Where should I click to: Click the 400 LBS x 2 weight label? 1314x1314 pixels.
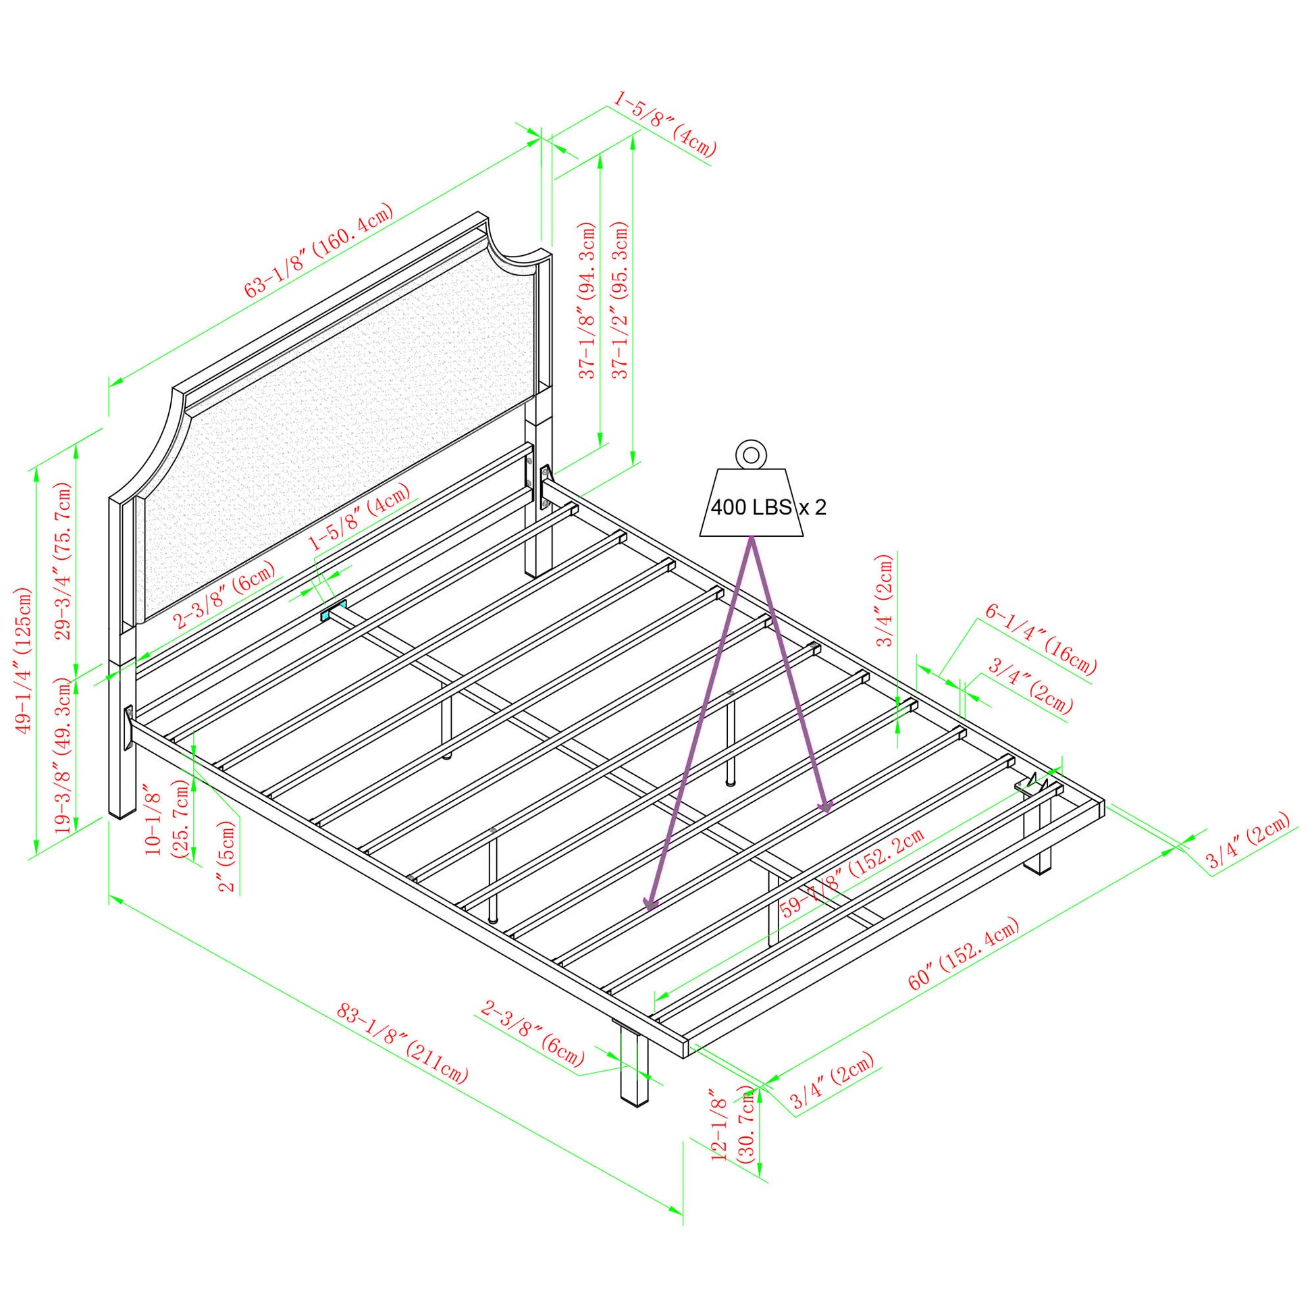tap(768, 508)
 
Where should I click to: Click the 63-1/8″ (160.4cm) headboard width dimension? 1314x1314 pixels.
tap(319, 251)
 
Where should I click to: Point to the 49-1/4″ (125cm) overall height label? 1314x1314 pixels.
tap(24, 660)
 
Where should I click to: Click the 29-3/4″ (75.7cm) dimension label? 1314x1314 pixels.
tap(64, 561)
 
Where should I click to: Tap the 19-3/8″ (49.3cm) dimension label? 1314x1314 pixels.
tap(64, 756)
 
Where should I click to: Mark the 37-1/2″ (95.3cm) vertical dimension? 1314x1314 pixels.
tap(621, 300)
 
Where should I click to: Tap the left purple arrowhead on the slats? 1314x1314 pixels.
tap(651, 904)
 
